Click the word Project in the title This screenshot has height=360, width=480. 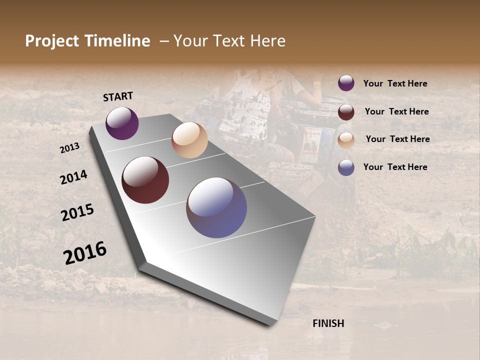[x=52, y=41]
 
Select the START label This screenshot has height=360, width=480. [x=118, y=96]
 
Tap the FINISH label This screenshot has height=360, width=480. [x=328, y=323]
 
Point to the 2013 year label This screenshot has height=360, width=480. [x=69, y=148]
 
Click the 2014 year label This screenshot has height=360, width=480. [x=74, y=177]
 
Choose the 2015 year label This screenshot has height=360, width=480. [x=77, y=212]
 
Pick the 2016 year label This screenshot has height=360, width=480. [x=85, y=253]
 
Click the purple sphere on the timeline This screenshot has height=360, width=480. [x=122, y=123]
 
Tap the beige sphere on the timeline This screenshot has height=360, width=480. [x=189, y=140]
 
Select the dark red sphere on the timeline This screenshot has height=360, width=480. [x=145, y=180]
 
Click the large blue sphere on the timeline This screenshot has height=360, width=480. [x=216, y=207]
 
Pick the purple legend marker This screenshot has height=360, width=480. [x=346, y=83]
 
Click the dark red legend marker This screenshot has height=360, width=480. [x=346, y=111]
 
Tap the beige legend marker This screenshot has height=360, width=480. [x=346, y=139]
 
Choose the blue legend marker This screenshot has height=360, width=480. [x=346, y=167]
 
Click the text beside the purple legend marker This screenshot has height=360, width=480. [x=395, y=84]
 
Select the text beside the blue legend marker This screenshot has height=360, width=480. [x=395, y=167]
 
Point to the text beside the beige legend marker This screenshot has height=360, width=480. [x=397, y=139]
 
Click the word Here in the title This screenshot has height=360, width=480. [x=267, y=41]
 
